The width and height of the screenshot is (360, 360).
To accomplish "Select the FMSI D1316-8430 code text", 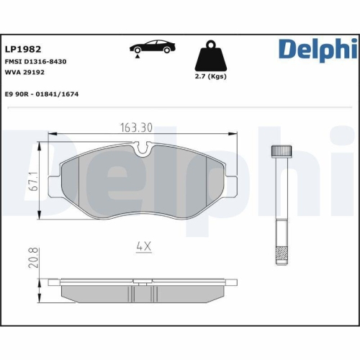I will click(36, 62).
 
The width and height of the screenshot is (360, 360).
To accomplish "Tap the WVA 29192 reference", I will click(25, 72).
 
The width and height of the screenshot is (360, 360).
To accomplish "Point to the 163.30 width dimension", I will click(136, 128).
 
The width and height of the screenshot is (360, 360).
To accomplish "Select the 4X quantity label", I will click(145, 247).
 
